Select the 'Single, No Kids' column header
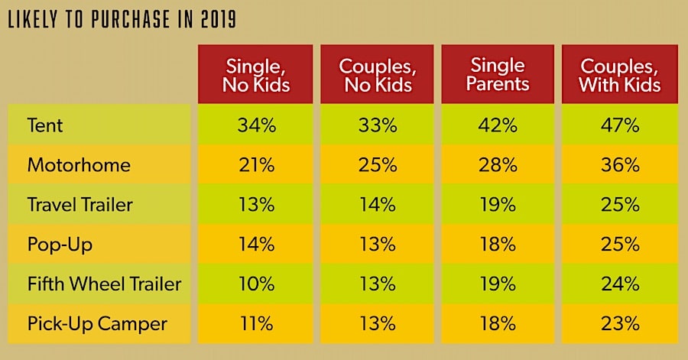pos(256,74)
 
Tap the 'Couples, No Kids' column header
pos(378,74)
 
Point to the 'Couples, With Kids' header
pos(620,74)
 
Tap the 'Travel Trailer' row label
pos(80,205)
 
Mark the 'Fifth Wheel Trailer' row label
pos(104,284)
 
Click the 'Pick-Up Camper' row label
pos(96,323)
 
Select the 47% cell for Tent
pos(620,125)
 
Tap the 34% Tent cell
pos(256,125)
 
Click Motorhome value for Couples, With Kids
pos(620,165)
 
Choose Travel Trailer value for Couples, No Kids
pos(378,205)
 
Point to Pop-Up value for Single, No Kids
pos(256,245)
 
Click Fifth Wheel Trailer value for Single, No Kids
pos(256,284)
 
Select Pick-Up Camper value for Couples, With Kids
pos(620,323)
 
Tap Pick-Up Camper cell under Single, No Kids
pos(256,323)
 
